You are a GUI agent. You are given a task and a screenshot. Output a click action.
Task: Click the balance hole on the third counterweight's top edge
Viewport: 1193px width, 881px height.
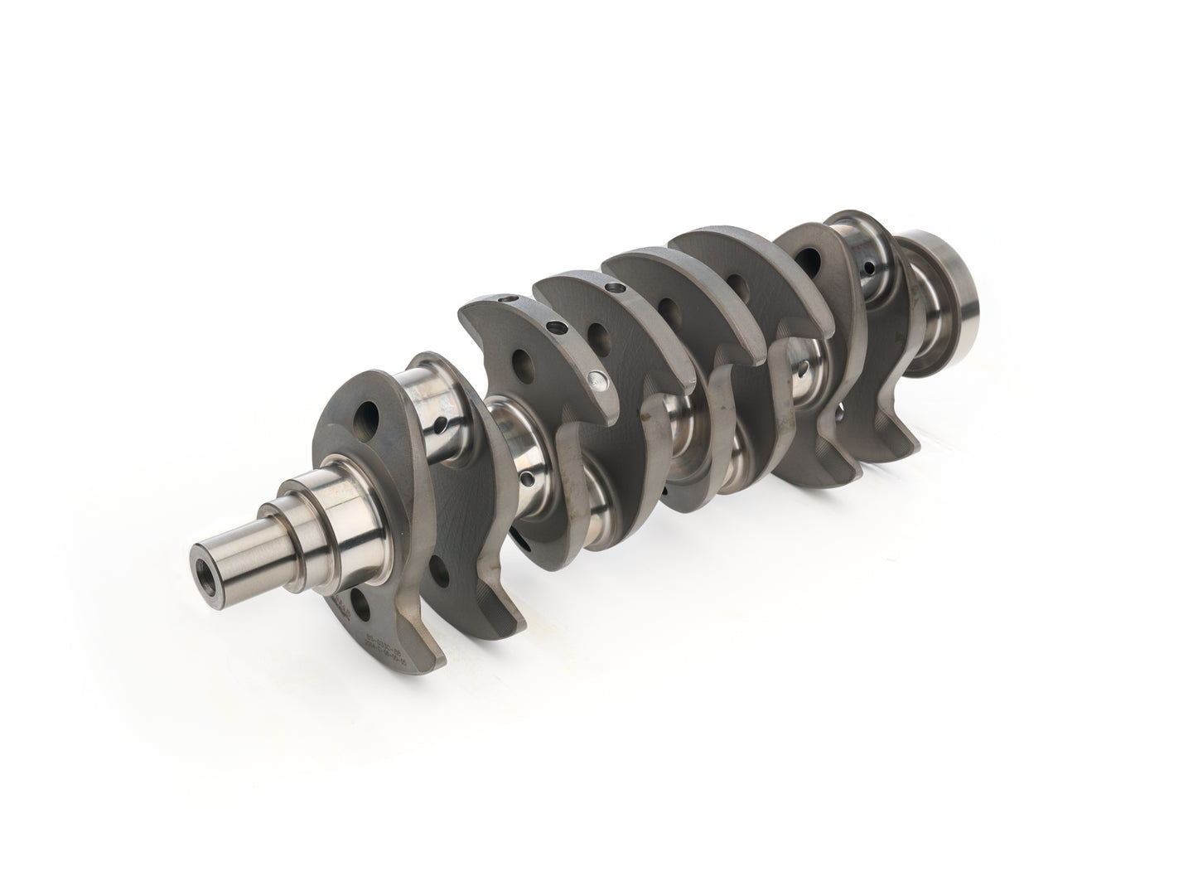(614, 287)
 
